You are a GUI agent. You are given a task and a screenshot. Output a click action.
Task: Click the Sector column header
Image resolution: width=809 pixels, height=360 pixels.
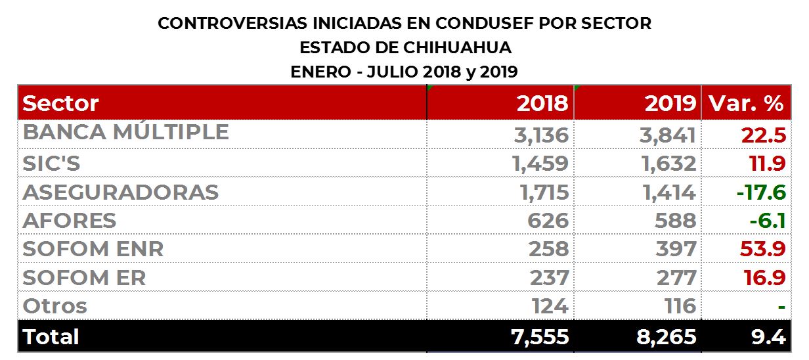pos(60,104)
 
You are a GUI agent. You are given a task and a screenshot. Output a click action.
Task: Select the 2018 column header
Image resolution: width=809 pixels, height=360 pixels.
pos(542,104)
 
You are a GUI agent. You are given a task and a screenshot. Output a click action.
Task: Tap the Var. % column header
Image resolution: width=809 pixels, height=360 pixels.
pos(745,104)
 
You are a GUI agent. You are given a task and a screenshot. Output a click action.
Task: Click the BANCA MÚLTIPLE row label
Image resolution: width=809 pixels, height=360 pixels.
pos(125,133)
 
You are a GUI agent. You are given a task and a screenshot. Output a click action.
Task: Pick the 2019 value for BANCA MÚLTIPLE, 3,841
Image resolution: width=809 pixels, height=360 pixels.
pos(668,135)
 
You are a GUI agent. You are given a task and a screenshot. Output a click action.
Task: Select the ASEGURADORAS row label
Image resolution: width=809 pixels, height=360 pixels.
pos(120,192)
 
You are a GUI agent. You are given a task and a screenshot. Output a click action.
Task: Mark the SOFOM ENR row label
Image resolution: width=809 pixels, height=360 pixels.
pos(93,249)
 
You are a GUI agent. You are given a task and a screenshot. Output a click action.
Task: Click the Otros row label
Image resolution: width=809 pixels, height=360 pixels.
pos(55,306)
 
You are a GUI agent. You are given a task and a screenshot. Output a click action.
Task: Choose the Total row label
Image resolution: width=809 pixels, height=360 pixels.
pos(51,336)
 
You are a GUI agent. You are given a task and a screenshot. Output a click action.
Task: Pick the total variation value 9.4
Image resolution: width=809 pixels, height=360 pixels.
pos(770,337)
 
